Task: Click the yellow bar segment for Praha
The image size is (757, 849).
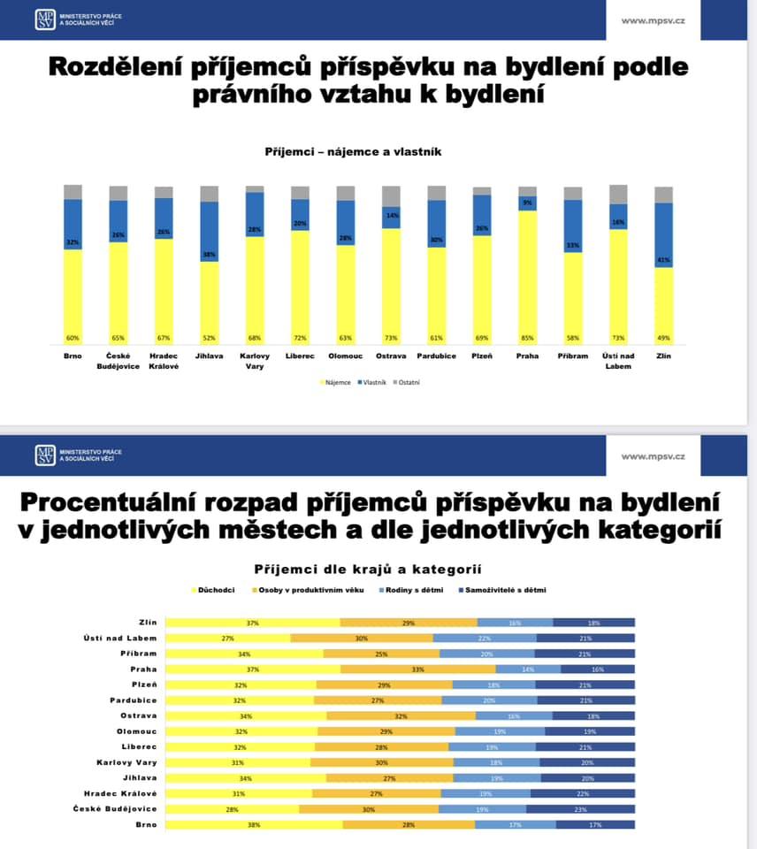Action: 528,274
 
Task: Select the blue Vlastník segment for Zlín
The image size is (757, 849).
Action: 663,234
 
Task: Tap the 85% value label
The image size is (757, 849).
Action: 528,338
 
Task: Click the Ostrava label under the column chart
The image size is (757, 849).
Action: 391,356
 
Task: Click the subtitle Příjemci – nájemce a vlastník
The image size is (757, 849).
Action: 353,152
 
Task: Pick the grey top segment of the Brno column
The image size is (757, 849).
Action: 73,192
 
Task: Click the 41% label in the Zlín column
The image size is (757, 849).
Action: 663,260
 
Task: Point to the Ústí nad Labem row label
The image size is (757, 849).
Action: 126,639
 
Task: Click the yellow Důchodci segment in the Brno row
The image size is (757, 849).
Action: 254,824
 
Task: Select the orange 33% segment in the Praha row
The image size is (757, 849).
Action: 418,669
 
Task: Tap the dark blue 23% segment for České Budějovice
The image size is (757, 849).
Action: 580,809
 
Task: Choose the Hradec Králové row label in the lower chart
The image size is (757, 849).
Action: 120,793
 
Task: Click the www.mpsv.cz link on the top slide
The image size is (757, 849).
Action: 654,20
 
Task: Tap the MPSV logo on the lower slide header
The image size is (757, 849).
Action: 45,455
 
